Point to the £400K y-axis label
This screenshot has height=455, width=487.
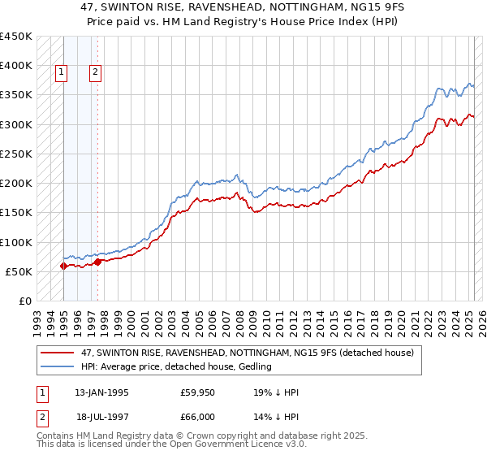[x=16, y=66]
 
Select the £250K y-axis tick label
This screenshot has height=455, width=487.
[x=16, y=154]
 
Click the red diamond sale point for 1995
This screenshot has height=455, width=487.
[x=63, y=266]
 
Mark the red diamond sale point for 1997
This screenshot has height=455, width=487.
[x=97, y=262]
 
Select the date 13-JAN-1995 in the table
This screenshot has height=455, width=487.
[x=101, y=393]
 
